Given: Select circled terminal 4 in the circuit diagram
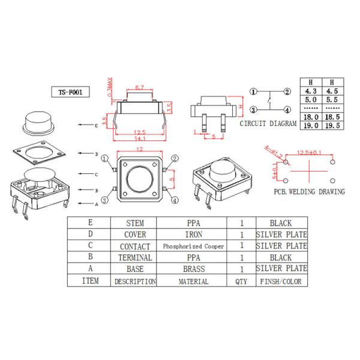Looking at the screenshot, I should coord(287,110).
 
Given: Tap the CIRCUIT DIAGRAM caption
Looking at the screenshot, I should coord(268,124).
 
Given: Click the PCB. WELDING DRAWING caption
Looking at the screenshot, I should coord(309,192).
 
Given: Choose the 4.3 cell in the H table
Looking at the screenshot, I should coord(311,91).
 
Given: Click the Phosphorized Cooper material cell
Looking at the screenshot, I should coord(193,246).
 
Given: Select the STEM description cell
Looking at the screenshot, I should coord(135,223).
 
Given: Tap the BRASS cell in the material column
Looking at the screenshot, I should coord(193,269).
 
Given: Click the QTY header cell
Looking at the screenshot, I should coord(241,281).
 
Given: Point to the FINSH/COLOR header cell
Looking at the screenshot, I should coord(281,281).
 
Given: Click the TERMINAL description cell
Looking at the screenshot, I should coord(135,257).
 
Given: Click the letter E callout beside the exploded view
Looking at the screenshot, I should coord(95,125).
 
